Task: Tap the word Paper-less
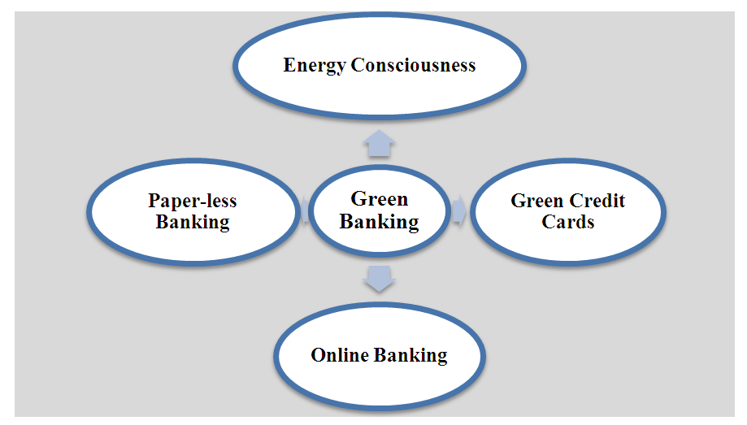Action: [193, 201]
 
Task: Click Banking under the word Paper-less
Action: [193, 222]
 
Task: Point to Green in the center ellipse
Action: [380, 199]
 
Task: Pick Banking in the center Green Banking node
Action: [380, 221]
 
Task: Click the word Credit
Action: [598, 201]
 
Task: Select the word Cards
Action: [568, 222]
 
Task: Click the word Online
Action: [341, 355]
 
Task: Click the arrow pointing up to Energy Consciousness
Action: [380, 144]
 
